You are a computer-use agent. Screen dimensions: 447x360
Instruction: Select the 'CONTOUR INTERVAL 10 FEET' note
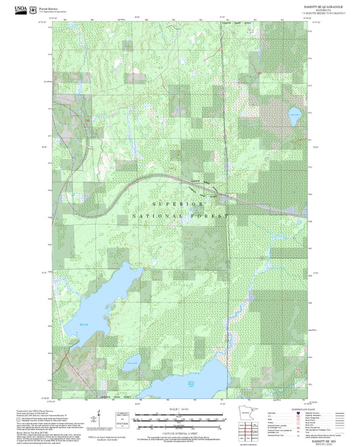pyautogui.click(x=180, y=429)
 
